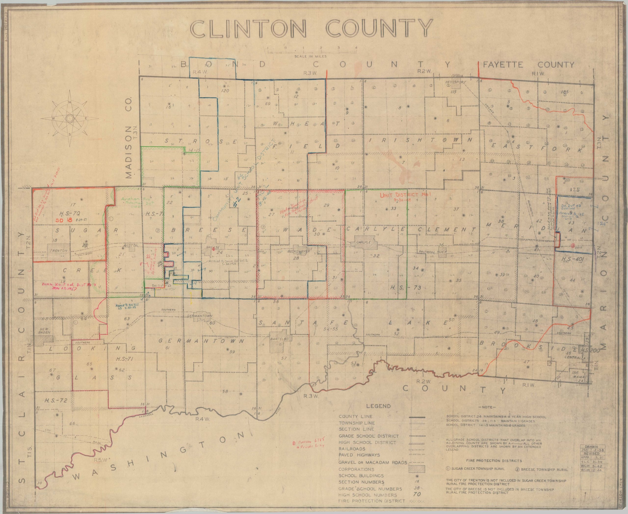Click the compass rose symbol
click(x=70, y=118)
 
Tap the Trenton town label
click(x=59, y=250)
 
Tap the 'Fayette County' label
click(x=528, y=65)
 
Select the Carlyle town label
click(x=364, y=242)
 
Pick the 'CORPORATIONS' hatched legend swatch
click(x=417, y=469)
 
